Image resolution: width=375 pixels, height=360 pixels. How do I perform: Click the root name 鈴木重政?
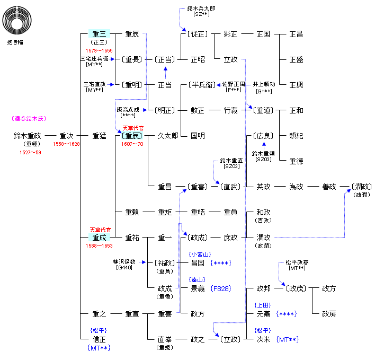coord(27,136)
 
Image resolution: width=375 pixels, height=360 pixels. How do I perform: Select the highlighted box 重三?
coord(100,34)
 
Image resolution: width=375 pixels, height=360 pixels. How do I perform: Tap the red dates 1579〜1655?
coord(100,50)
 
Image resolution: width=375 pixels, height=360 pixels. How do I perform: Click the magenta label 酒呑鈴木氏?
coord(28,119)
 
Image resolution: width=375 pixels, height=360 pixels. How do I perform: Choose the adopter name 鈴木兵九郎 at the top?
coord(201,9)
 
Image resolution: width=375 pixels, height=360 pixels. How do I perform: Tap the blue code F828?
coord(220,288)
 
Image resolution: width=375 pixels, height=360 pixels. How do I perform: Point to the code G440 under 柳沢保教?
coord(124,267)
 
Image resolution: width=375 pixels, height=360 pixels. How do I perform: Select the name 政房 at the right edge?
coord(329,314)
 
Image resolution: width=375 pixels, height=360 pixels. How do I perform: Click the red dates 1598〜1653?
coord(100,246)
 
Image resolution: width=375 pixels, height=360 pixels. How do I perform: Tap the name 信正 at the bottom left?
coord(100,339)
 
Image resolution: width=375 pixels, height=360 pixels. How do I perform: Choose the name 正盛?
coord(296,60)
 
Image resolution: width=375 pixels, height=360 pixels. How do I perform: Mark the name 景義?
coord(198,288)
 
